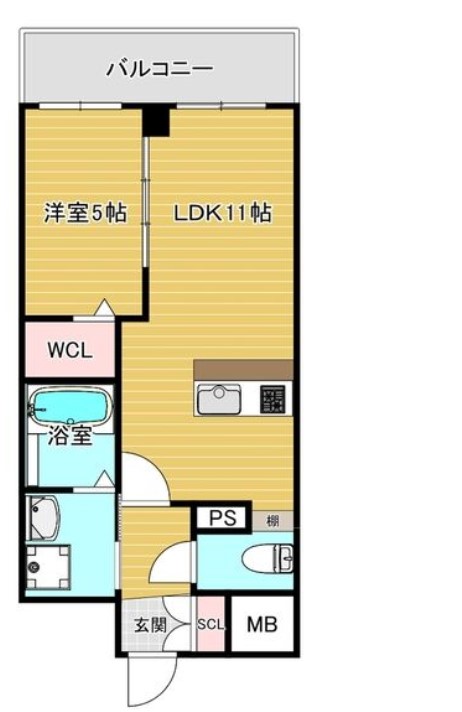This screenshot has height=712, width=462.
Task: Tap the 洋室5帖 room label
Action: click(84, 213)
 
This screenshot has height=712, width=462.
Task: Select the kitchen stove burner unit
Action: click(272, 400)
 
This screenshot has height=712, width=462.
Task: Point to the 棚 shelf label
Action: click(273, 520)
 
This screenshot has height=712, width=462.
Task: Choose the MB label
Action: click(262, 625)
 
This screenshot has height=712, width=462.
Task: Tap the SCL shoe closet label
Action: click(211, 625)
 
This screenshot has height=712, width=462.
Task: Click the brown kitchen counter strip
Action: click(243, 368)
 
